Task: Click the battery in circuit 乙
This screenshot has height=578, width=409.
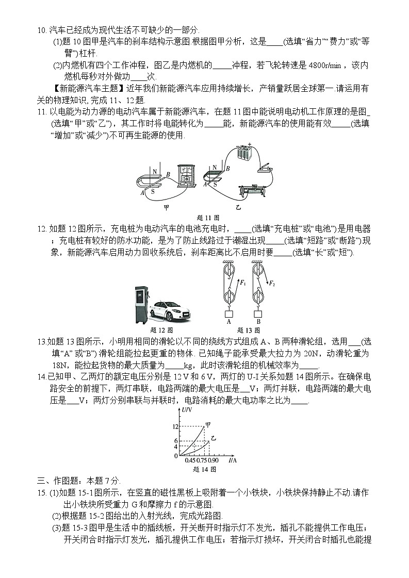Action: tap(243, 155)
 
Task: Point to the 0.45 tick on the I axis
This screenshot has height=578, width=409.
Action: tap(190, 460)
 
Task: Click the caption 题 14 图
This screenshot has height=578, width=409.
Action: tap(203, 469)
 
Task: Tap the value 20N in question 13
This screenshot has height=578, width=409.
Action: tap(304, 353)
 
